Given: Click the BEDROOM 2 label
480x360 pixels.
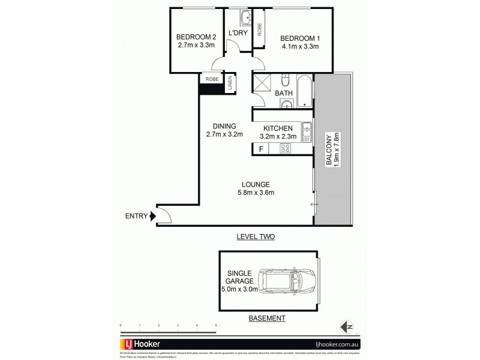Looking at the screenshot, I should point(192,35).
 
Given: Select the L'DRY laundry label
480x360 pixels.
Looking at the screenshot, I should point(236,34).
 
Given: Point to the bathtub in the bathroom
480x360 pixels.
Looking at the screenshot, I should point(305,92).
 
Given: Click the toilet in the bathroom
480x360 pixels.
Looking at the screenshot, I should point(286,80).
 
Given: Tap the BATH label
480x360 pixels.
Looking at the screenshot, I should point(284,94).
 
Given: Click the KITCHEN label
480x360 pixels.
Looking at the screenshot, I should point(277,128).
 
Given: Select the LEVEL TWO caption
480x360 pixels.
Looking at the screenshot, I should point(254,237).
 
